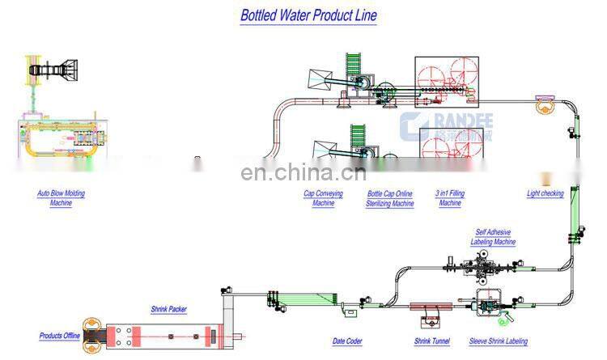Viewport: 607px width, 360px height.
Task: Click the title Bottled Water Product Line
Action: click(308, 15)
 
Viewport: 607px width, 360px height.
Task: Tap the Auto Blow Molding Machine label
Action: click(61, 198)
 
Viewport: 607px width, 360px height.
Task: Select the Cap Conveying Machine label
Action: click(323, 198)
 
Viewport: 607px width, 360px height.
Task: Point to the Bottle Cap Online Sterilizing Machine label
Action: click(390, 198)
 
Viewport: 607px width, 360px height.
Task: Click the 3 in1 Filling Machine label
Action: click(450, 198)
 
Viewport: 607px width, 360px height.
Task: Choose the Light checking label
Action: click(545, 194)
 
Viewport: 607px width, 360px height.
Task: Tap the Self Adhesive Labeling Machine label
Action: click(495, 236)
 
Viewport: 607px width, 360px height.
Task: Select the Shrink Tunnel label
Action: click(431, 341)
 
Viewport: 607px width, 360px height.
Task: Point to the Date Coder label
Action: click(347, 341)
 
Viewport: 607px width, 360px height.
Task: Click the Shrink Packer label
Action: click(168, 308)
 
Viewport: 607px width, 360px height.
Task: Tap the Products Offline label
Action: click(61, 336)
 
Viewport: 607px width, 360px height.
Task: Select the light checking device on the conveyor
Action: click(541, 102)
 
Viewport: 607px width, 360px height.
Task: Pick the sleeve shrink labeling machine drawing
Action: click(488, 307)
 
